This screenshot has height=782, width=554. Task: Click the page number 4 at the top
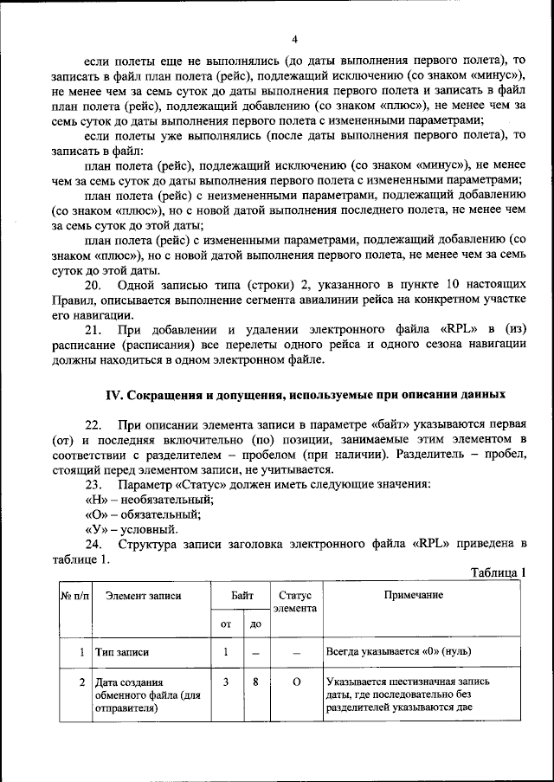(x=293, y=40)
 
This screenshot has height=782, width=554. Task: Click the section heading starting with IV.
(x=305, y=394)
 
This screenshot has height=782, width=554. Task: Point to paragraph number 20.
(x=93, y=286)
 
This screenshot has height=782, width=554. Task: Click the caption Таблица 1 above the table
(x=498, y=572)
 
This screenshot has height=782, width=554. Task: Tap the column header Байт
(x=242, y=596)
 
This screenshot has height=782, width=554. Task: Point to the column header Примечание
(x=422, y=596)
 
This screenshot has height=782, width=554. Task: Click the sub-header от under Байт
(x=226, y=624)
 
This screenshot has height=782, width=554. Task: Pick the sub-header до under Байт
(x=255, y=624)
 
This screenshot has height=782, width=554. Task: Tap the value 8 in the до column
(x=255, y=682)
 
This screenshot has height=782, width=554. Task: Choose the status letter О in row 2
(x=295, y=682)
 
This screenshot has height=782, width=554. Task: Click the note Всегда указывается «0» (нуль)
(x=399, y=652)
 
